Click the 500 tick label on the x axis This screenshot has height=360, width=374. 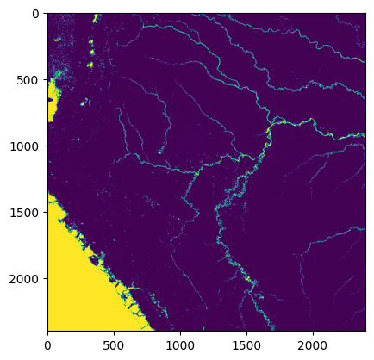114,344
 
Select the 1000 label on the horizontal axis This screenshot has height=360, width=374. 180,344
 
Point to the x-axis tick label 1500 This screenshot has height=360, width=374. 246,344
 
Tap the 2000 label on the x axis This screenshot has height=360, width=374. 312,344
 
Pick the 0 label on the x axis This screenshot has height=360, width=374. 47,344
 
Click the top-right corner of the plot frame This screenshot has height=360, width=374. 365,14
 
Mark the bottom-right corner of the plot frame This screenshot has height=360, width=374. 365,331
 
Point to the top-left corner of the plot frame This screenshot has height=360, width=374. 47,14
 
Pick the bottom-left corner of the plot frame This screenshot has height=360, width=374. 47,331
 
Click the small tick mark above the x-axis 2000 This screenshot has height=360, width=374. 312,332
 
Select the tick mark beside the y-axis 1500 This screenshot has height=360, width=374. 45,213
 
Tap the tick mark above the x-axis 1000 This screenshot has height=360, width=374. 180,332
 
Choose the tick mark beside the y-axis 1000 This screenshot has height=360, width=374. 45,146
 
